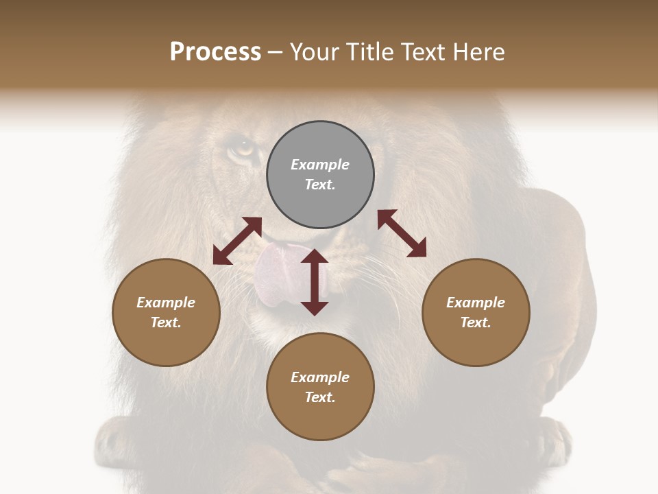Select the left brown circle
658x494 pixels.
coord(166,312)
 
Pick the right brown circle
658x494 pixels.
coord(476,312)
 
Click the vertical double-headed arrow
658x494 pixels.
coord(315,282)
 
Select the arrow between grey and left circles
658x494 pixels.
coord(237,241)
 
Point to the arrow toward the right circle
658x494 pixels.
coord(402,233)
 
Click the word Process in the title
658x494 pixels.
coord(215,51)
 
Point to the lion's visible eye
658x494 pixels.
coord(241,148)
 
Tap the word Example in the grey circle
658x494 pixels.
coord(320,165)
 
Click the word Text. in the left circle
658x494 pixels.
coord(166,322)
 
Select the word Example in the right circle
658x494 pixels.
coord(476,303)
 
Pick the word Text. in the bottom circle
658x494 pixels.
coord(320,397)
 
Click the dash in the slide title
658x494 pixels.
coord(276,52)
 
